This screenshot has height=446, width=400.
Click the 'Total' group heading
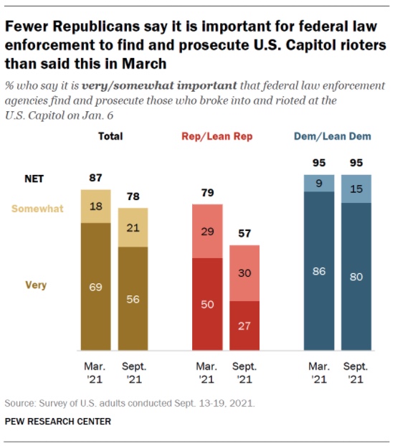[x=110, y=136]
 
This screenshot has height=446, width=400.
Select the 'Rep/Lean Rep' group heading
[x=227, y=136]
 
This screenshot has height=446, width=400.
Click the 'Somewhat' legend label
[x=43, y=209]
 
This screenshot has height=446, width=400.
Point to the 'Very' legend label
[x=36, y=285]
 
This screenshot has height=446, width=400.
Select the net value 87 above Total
[x=95, y=177]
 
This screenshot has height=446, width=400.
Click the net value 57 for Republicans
[x=244, y=233]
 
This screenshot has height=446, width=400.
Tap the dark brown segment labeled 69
[x=95, y=287]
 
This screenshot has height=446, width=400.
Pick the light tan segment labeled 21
[x=133, y=227]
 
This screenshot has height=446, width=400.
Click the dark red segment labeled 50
[x=206, y=305]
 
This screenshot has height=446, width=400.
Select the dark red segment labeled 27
[x=244, y=326]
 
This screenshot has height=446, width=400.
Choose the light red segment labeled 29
[x=206, y=231]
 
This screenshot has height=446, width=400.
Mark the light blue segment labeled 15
[x=356, y=189]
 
